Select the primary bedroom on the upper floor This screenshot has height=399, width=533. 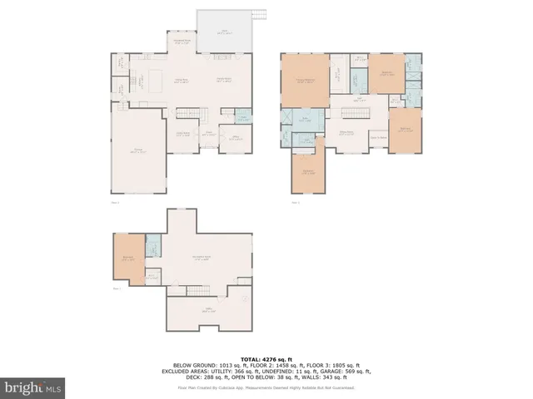pos(305,81)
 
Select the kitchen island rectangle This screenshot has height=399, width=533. pos(156,81)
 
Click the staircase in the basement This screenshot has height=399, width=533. pos(200,290)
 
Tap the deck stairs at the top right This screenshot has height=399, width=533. pos(260,14)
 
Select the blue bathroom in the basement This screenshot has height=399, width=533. pos(153,247)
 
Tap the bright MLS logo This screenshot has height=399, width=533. pos(32,387)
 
